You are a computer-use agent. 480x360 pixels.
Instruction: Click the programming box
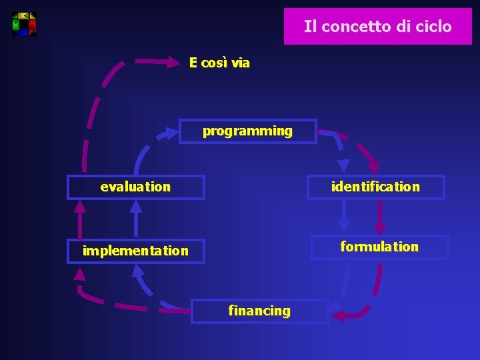pyautogui.click(x=247, y=131)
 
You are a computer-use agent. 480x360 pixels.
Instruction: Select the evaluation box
pyautogui.click(x=135, y=187)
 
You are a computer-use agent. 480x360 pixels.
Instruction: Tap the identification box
pyautogui.click(x=375, y=187)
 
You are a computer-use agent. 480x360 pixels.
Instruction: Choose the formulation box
pyautogui.click(x=379, y=247)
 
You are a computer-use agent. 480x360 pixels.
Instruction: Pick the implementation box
pyautogui.click(x=135, y=251)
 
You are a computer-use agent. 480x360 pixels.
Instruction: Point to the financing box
pyautogui.click(x=259, y=311)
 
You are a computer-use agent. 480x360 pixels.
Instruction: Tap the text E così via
pyautogui.click(x=219, y=63)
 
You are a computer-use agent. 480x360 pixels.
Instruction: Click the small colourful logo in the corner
pyautogui.click(x=25, y=24)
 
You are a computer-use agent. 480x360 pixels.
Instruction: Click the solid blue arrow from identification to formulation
pyautogui.click(x=344, y=217)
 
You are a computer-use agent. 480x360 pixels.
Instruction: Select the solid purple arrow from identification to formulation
pyautogui.click(x=381, y=217)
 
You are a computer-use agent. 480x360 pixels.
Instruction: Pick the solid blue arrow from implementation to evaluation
pyautogui.click(x=136, y=218)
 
